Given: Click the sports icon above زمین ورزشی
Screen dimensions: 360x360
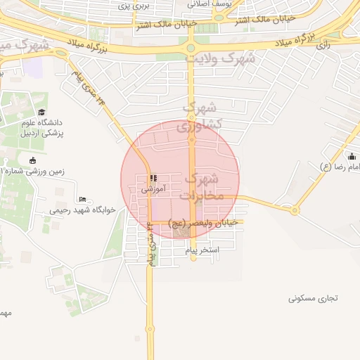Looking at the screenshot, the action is pyautogui.click(x=33, y=161).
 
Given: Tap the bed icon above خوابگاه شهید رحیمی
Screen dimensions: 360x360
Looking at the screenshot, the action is pyautogui.click(x=83, y=199).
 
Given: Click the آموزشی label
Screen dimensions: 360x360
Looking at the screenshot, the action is pyautogui.click(x=153, y=189).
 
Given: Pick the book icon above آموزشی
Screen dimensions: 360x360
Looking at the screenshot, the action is pyautogui.click(x=153, y=179).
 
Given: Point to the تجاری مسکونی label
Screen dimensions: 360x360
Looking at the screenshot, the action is pyautogui.click(x=313, y=298).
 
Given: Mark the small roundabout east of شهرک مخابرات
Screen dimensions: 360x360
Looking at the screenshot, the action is pyautogui.click(x=295, y=210).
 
